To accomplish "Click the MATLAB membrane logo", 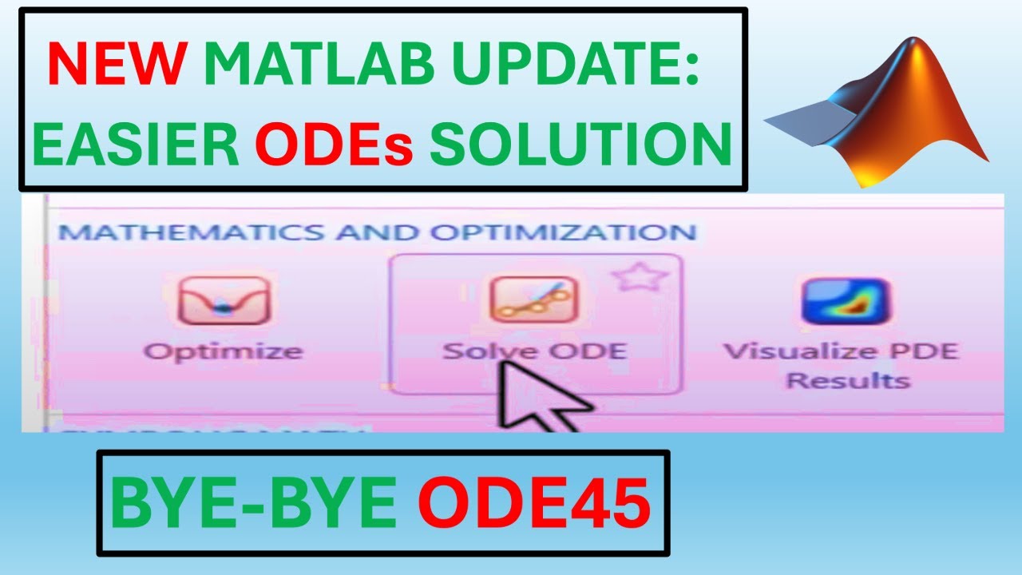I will click(x=878, y=112).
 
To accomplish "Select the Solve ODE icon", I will click(x=533, y=299).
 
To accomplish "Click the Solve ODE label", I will click(x=534, y=351).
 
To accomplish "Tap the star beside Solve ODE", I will click(x=640, y=277).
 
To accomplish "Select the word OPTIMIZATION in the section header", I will click(x=564, y=233).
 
